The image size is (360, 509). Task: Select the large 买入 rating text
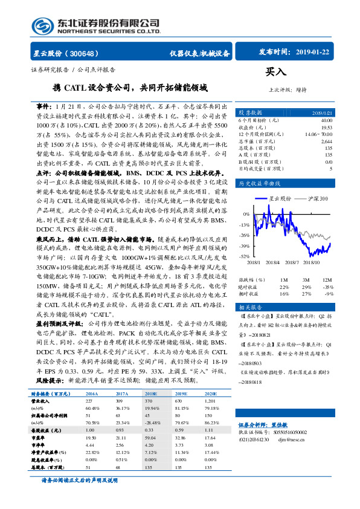point(275,72)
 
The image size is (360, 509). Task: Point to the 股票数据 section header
point(250,112)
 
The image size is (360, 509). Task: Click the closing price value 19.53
point(326,128)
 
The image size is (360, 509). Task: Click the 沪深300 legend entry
point(316,198)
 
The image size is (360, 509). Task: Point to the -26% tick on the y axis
point(244,235)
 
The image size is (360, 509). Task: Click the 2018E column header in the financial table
point(150,393)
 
